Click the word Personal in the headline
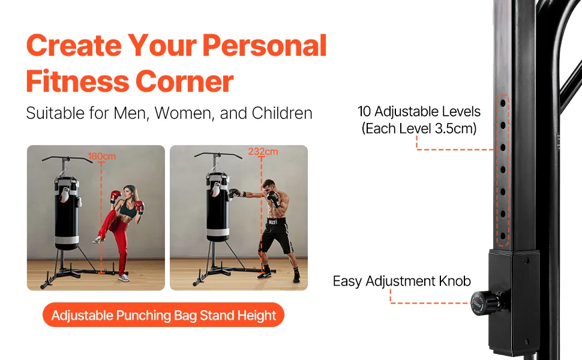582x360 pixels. [x=264, y=46]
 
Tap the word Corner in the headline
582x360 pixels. [x=184, y=81]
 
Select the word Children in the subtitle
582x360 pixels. [x=282, y=113]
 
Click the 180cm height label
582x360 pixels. [x=102, y=156]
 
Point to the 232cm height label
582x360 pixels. [x=263, y=151]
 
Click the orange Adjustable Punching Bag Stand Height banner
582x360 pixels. [x=163, y=315]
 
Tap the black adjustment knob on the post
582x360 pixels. [x=486, y=303]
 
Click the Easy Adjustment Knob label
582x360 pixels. [x=401, y=281]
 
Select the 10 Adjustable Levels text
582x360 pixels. [x=419, y=112]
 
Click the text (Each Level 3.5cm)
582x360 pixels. [x=419, y=128]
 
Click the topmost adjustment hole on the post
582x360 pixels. [x=503, y=103]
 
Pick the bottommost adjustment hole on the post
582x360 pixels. [x=503, y=236]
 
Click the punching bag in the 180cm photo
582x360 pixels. [x=67, y=212]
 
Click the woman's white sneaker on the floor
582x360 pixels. [x=124, y=278]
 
